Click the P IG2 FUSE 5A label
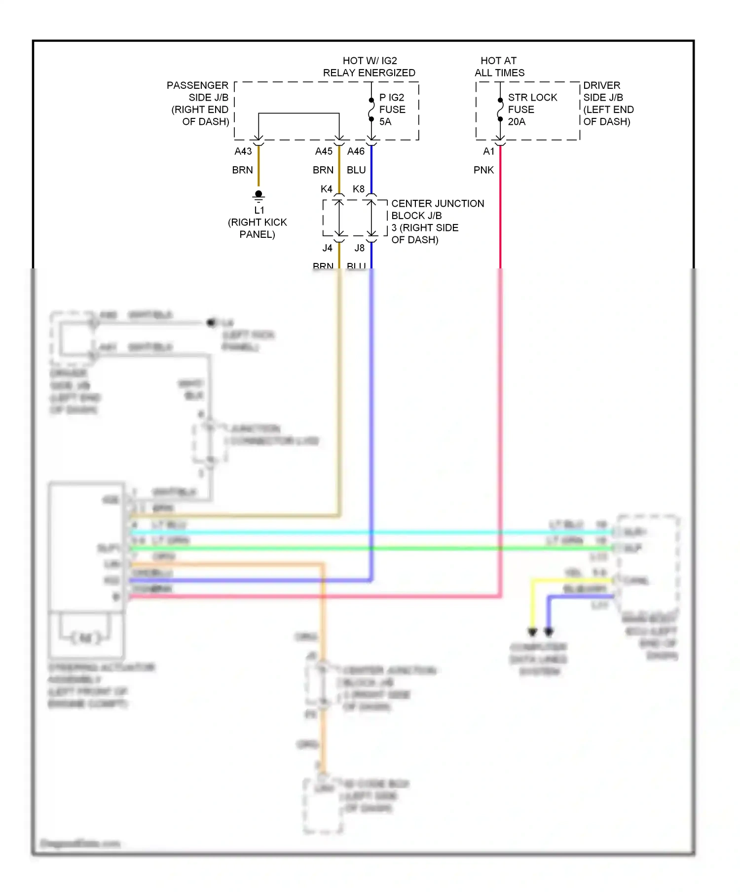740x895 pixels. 392,110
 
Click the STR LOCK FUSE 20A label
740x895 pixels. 532,110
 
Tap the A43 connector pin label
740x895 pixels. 243,151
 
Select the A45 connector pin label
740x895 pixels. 324,151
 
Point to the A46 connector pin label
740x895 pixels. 356,151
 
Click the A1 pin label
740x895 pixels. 488,151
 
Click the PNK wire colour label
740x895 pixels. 483,170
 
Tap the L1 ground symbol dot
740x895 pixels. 259,194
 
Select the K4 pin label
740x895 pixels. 326,189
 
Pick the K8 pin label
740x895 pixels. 359,189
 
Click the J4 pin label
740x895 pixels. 328,248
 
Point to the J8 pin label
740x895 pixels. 360,248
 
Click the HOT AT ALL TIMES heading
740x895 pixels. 499,67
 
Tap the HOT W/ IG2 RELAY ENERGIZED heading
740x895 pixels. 369,67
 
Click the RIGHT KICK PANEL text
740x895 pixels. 258,228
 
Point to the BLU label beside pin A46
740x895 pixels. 356,170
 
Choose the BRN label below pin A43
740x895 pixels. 242,170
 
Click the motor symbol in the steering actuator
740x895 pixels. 86,638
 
